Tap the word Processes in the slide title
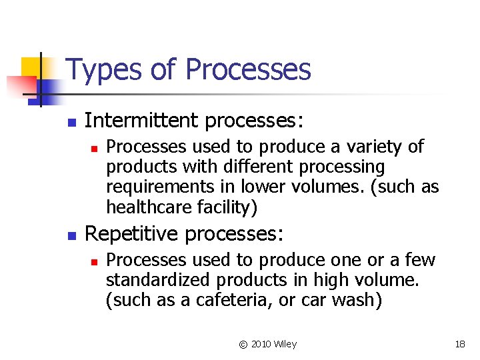(248, 69)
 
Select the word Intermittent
(142, 121)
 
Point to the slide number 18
(459, 344)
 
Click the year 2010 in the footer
(261, 344)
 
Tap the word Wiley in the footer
(285, 344)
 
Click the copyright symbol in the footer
(243, 344)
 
